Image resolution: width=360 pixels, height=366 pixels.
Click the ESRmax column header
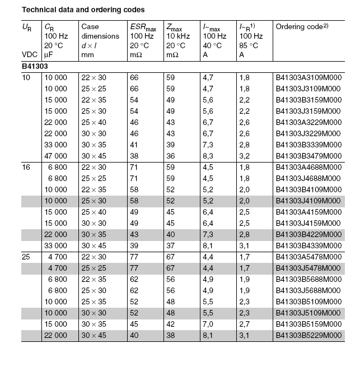pos(143,26)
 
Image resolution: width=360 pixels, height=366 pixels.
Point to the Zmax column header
pos(176,26)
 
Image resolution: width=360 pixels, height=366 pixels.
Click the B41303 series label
pos(35,66)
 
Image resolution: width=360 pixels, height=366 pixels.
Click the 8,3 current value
pos(208,155)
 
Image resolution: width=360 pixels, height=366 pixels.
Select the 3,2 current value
pos(245,155)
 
